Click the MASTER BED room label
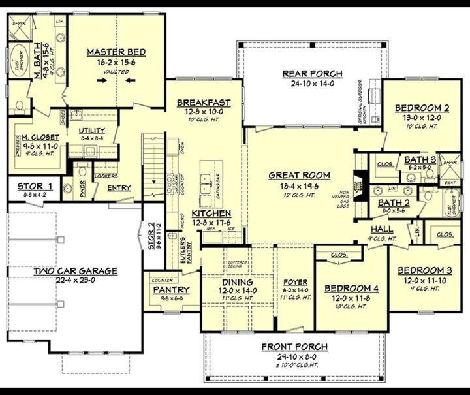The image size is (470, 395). pos(116,52)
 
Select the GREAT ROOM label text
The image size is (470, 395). pos(300,175)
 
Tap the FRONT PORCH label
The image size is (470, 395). pos(294,347)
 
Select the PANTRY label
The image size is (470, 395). pos(172,290)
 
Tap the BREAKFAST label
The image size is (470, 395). pos(204,103)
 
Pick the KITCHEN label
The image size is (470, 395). pos(211,213)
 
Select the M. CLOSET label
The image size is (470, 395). pos(40,138)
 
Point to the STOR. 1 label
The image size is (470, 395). pos(35,186)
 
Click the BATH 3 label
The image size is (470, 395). pos(420,159)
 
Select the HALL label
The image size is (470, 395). pos(382,230)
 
